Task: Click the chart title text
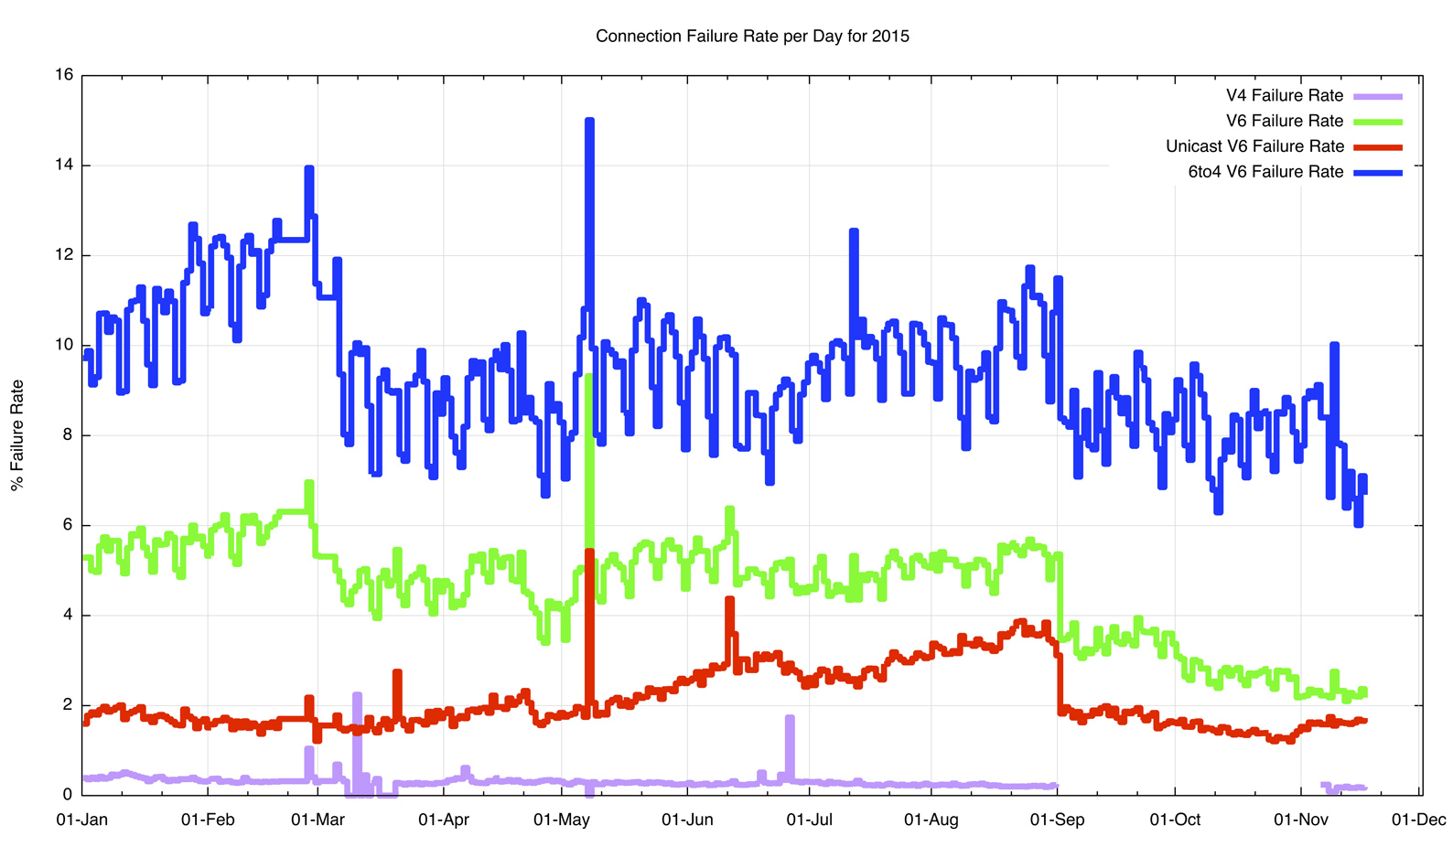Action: (x=752, y=37)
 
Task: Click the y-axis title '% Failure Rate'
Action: (x=17, y=435)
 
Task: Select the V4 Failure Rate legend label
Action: (x=1284, y=96)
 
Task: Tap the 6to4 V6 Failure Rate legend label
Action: (x=1265, y=172)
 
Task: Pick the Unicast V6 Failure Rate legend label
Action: (x=1254, y=146)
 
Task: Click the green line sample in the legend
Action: (x=1377, y=122)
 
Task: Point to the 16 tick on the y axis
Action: (x=64, y=75)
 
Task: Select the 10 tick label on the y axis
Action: (x=64, y=345)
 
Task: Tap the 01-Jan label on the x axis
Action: (x=82, y=820)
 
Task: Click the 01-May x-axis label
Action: (x=561, y=820)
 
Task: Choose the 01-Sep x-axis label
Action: (x=1057, y=820)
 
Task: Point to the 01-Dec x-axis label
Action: (x=1418, y=820)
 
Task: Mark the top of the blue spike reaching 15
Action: (x=589, y=121)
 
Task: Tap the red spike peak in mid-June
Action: (x=729, y=600)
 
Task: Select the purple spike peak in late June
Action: (x=790, y=719)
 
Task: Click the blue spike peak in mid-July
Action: (x=854, y=231)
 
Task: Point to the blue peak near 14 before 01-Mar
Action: (x=309, y=169)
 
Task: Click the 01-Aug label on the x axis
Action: (x=931, y=820)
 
